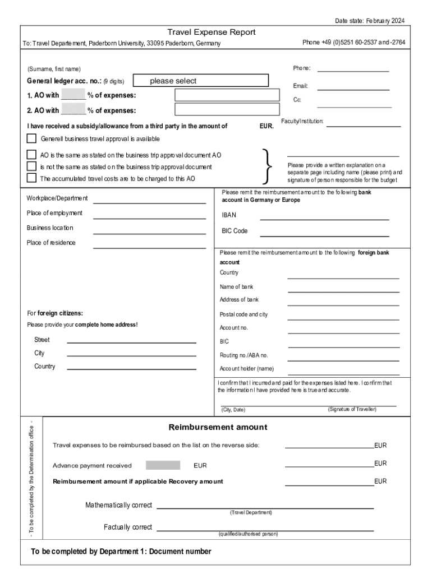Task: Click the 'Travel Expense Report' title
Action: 212,33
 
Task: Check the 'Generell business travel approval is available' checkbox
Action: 31,138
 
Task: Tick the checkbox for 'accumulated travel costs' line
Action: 31,178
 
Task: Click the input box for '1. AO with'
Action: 227,95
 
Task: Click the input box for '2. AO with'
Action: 227,109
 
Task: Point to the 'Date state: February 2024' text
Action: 369,21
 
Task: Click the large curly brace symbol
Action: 268,166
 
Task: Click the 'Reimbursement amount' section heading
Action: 218,427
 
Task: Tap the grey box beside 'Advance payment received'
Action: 163,465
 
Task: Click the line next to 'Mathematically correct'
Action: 265,507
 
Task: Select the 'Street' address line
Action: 132,341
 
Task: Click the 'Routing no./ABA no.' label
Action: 243,355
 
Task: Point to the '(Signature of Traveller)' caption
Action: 352,409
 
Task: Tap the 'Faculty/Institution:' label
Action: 302,122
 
